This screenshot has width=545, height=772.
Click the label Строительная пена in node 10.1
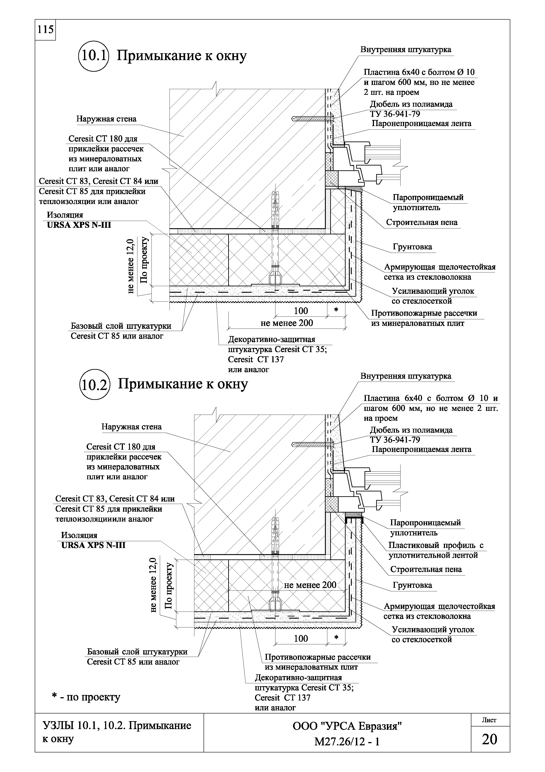[422, 222]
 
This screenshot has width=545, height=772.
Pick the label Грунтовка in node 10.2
[412, 585]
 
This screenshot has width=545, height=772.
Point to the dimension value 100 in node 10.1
[301, 311]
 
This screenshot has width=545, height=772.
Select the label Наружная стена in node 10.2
[132, 427]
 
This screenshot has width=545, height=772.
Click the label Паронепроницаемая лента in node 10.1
[421, 124]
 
